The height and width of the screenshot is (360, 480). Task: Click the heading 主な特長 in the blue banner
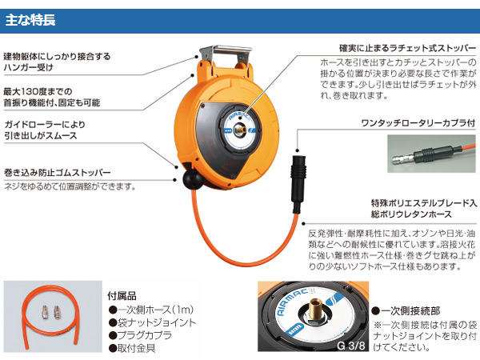pyautogui.click(x=30, y=20)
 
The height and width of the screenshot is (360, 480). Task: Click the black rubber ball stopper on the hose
pyautogui.click(x=193, y=180)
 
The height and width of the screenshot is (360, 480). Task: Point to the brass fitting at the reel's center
pyautogui.click(x=240, y=129)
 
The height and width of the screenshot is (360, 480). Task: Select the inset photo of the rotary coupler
pyautogui.click(x=431, y=154)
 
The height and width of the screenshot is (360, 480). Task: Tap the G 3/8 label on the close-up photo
pyautogui.click(x=351, y=346)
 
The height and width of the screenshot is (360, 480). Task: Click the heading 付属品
pyautogui.click(x=122, y=296)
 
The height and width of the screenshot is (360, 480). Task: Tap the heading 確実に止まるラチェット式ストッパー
pyautogui.click(x=407, y=48)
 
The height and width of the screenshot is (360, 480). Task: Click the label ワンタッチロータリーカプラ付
pyautogui.click(x=418, y=123)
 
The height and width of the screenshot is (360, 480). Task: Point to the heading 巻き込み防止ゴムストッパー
pyautogui.click(x=58, y=173)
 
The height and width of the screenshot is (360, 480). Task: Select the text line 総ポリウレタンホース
pyautogui.click(x=411, y=214)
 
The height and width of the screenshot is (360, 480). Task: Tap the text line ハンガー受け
pyautogui.click(x=29, y=68)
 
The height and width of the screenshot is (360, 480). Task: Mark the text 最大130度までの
pyautogui.click(x=38, y=91)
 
